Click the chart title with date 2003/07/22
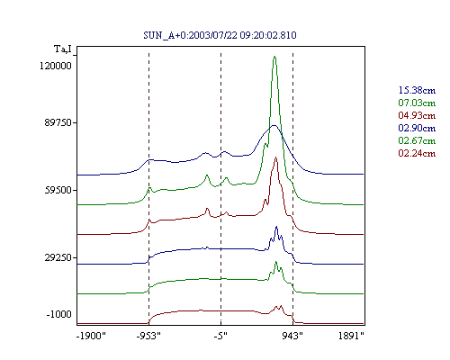(220, 35)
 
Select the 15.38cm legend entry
(417, 90)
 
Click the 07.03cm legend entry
(417, 103)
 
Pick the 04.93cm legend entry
(417, 115)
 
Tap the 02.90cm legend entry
(417, 128)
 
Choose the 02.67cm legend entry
(417, 140)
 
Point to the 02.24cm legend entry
(417, 153)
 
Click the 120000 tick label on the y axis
(56, 66)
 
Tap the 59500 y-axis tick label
(58, 190)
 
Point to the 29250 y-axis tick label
(58, 257)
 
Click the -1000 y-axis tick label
(59, 314)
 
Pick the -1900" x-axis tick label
(91, 336)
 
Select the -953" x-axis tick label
(148, 336)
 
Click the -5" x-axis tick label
(220, 336)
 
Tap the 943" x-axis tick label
(292, 336)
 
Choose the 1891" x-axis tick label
(351, 336)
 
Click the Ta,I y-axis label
(63, 49)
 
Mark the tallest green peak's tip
(274, 57)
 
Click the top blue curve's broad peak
(274, 125)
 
